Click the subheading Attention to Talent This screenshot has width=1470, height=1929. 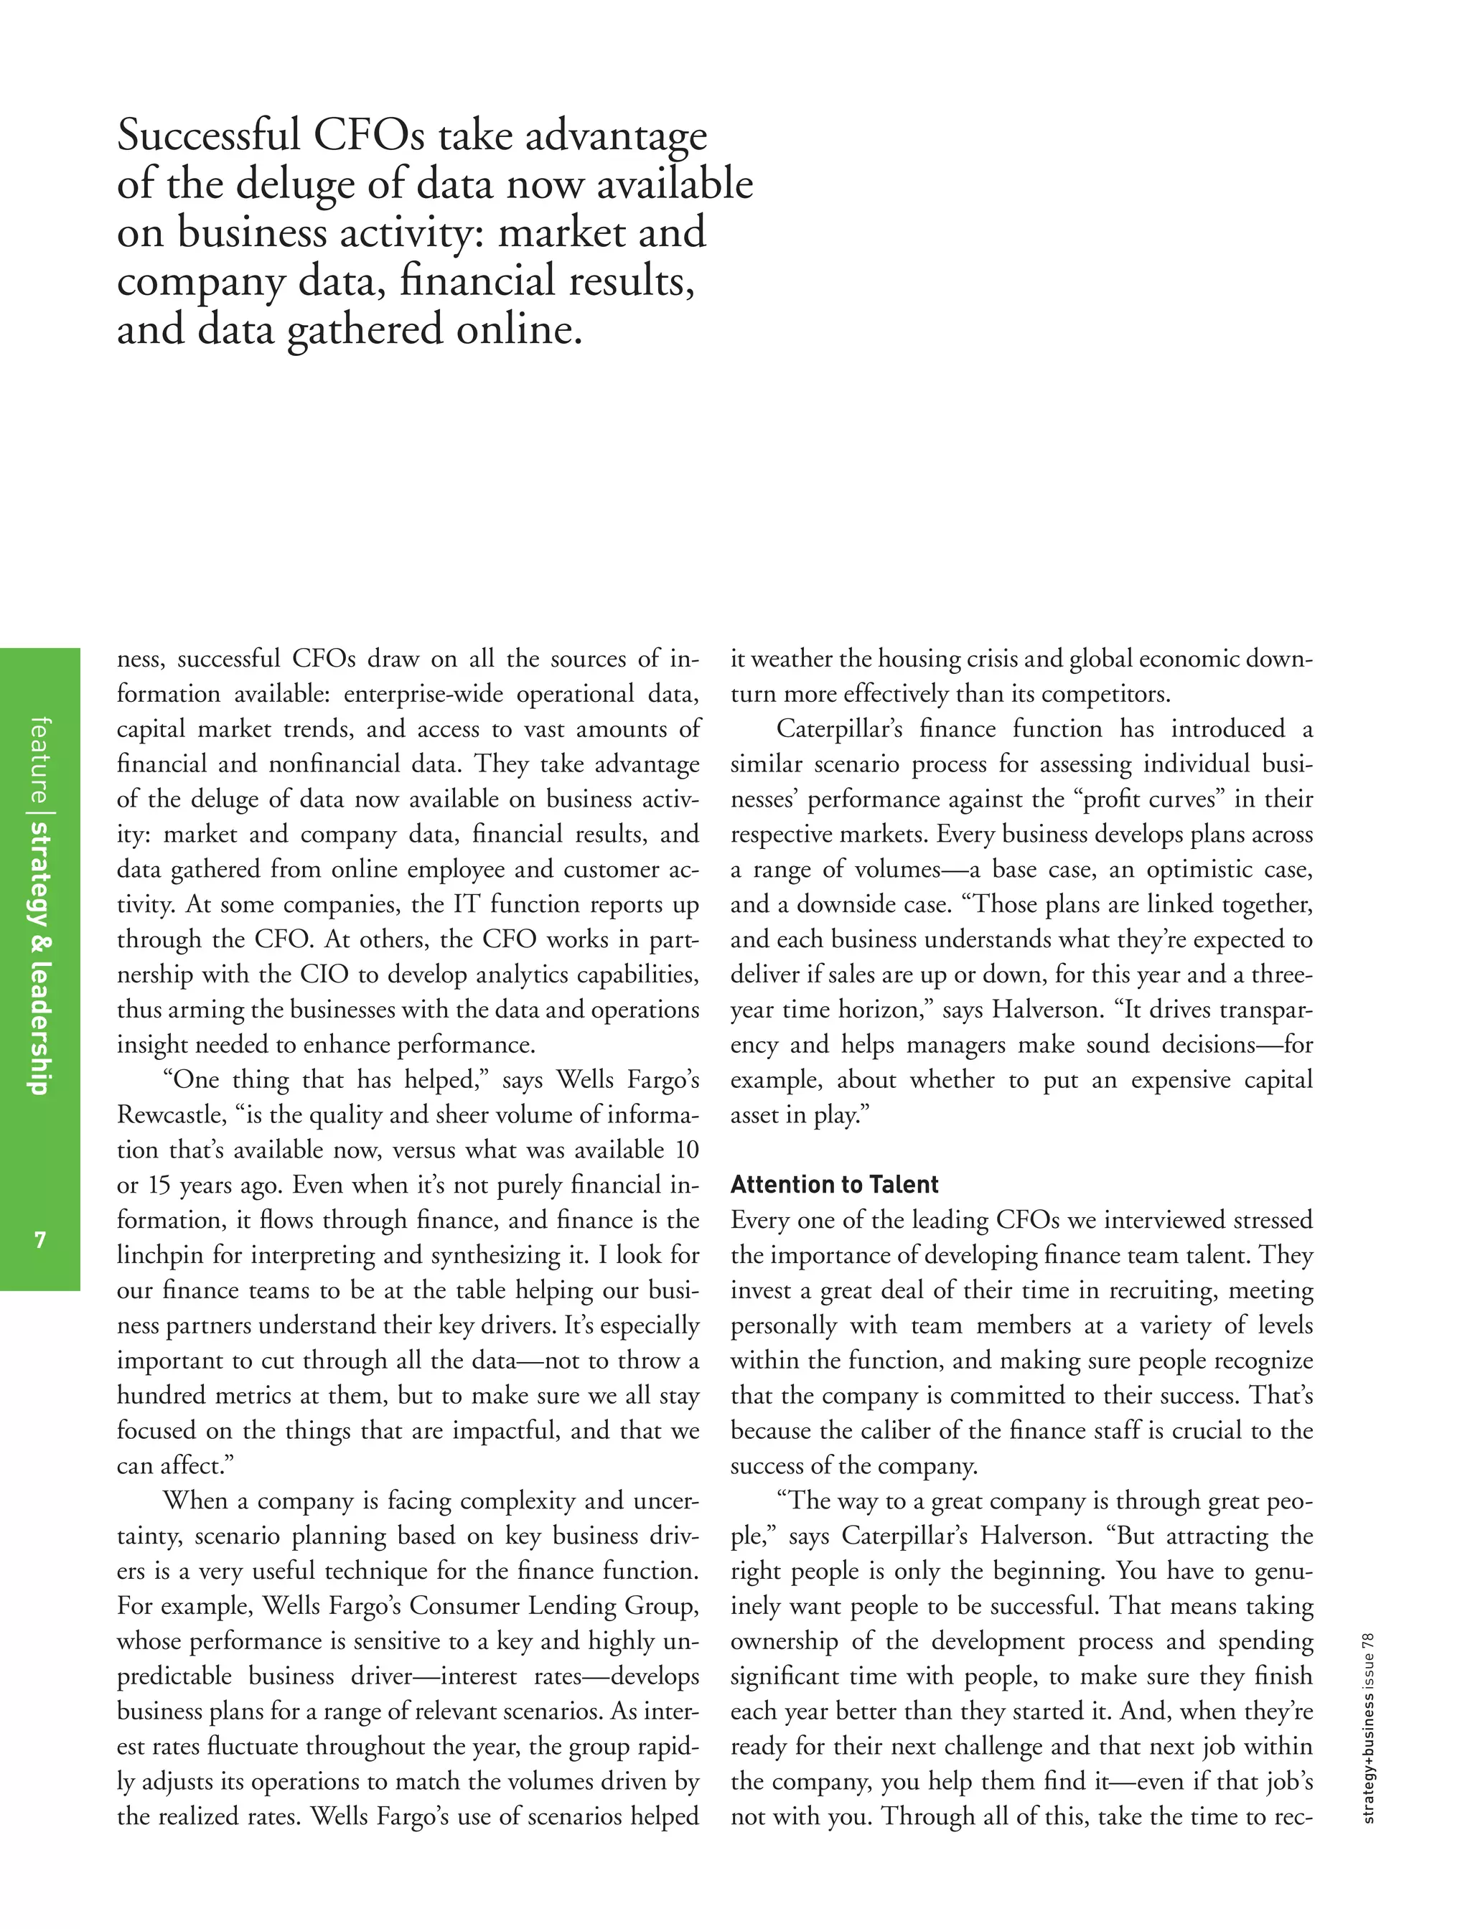pos(834,1185)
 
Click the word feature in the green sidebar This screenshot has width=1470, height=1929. pos(39,759)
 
